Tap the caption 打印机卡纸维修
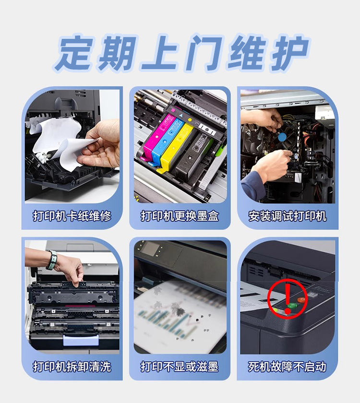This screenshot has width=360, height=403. click(x=72, y=216)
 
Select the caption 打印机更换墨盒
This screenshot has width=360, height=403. click(x=180, y=216)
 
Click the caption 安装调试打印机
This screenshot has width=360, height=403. click(x=288, y=216)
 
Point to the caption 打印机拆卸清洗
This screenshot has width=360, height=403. click(x=72, y=367)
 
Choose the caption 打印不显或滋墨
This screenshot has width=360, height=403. click(x=180, y=367)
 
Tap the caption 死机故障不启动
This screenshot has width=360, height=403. click(x=288, y=367)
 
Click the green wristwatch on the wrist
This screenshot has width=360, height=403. click(x=51, y=260)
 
